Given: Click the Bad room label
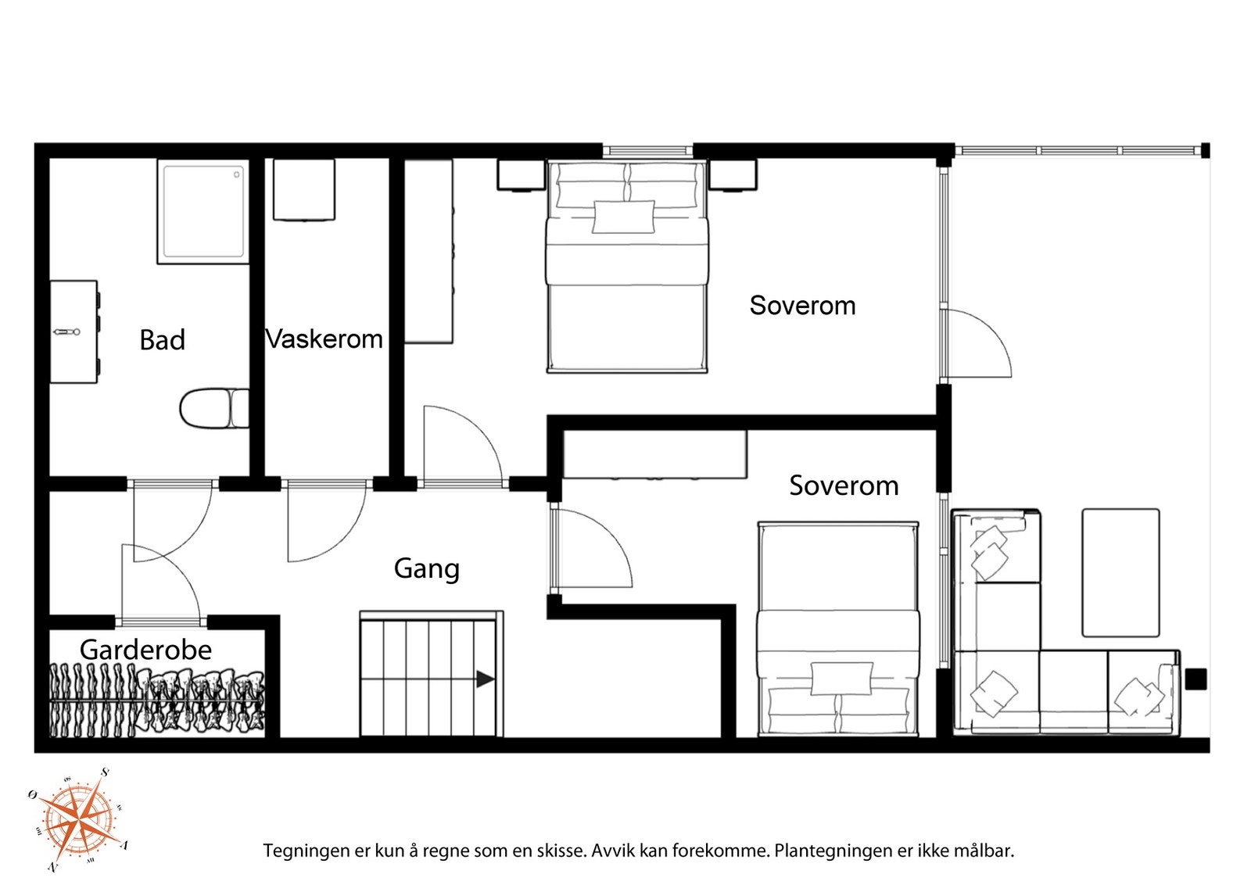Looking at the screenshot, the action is pyautogui.click(x=162, y=340).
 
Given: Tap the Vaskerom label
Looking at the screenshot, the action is pyautogui.click(x=324, y=339).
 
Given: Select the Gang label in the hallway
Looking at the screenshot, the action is pyautogui.click(x=427, y=569).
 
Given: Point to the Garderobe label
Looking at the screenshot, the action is pyautogui.click(x=145, y=650).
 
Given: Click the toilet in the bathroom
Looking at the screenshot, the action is pyautogui.click(x=214, y=409).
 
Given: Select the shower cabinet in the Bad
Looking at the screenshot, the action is pyautogui.click(x=203, y=212).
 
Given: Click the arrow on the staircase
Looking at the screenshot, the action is pyautogui.click(x=486, y=679).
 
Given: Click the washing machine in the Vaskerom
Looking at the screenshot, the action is pyautogui.click(x=304, y=190).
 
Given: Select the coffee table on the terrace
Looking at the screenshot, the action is pyautogui.click(x=1120, y=573).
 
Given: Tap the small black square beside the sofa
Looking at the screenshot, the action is pyautogui.click(x=1195, y=679).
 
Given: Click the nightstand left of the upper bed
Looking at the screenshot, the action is pyautogui.click(x=521, y=176).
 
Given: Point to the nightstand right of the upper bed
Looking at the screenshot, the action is pyautogui.click(x=733, y=176).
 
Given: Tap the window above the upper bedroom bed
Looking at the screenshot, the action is pyautogui.click(x=648, y=150).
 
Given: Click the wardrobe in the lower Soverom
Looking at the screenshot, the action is pyautogui.click(x=654, y=454).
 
